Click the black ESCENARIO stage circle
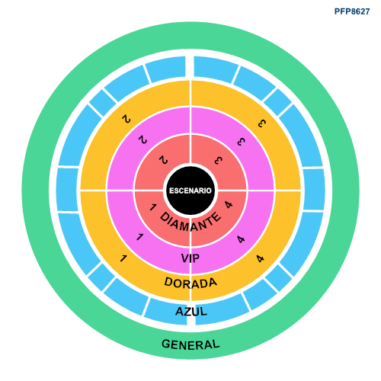[x=190, y=190]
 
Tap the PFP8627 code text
[x=352, y=11]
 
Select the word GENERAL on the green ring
[x=190, y=344]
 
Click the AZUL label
[x=191, y=312]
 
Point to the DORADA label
[x=190, y=283]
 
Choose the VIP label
[x=190, y=258]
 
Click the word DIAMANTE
[x=190, y=223]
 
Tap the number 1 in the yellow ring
[x=123, y=258]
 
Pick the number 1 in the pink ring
[x=139, y=237]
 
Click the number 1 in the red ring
[x=152, y=207]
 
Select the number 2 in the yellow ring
[x=126, y=119]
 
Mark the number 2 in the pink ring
[x=142, y=139]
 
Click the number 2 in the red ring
[x=163, y=160]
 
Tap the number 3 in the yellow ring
[x=262, y=123]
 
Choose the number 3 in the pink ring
[x=242, y=142]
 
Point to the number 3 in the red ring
[x=218, y=160]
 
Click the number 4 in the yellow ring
[x=260, y=258]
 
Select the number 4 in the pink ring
[x=241, y=239]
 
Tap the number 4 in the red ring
[x=229, y=204]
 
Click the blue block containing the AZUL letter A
[x=166, y=311]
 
